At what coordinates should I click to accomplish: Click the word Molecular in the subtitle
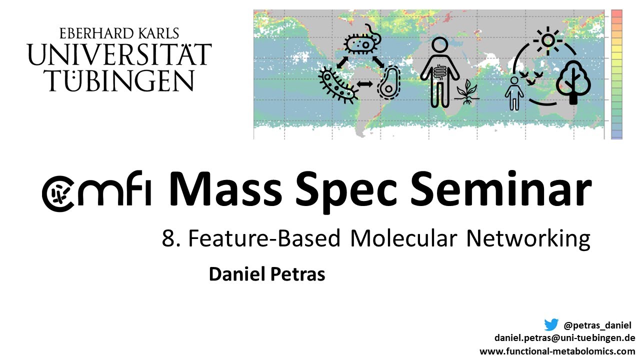click(403, 238)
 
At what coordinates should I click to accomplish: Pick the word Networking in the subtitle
click(528, 239)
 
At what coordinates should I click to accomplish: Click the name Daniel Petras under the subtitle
click(266, 274)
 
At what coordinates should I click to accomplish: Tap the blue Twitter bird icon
click(551, 325)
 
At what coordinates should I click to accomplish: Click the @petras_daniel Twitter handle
click(597, 325)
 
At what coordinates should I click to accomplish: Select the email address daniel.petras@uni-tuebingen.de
click(564, 338)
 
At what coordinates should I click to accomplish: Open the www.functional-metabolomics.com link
click(557, 351)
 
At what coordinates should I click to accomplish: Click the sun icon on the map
click(548, 40)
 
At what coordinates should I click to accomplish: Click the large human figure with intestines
click(439, 72)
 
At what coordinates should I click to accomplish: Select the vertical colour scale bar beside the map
click(616, 74)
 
